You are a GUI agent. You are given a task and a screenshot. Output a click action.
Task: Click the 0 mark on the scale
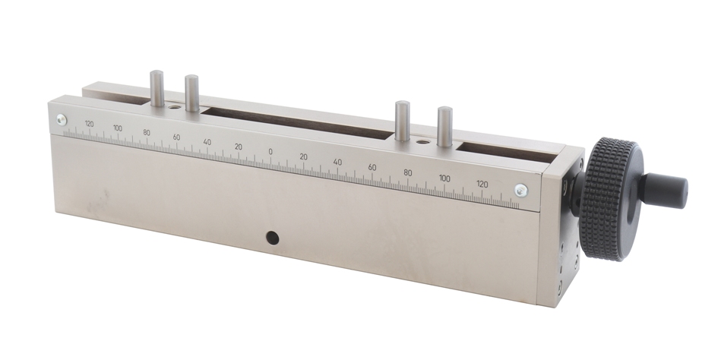[270, 152]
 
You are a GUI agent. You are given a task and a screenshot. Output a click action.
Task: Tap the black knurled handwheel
[609, 199]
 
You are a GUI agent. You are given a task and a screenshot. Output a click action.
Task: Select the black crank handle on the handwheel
[665, 190]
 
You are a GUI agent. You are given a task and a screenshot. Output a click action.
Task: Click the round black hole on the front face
[272, 238]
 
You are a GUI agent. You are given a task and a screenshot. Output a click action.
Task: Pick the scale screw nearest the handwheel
[521, 190]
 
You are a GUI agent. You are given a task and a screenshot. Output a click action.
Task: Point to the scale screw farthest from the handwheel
[62, 119]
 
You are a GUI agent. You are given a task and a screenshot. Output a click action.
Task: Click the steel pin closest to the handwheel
[444, 126]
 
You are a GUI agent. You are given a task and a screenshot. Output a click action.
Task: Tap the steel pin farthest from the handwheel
[157, 88]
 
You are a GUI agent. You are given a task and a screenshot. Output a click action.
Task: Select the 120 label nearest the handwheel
[482, 184]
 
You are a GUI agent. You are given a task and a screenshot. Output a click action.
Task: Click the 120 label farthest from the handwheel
[89, 124]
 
